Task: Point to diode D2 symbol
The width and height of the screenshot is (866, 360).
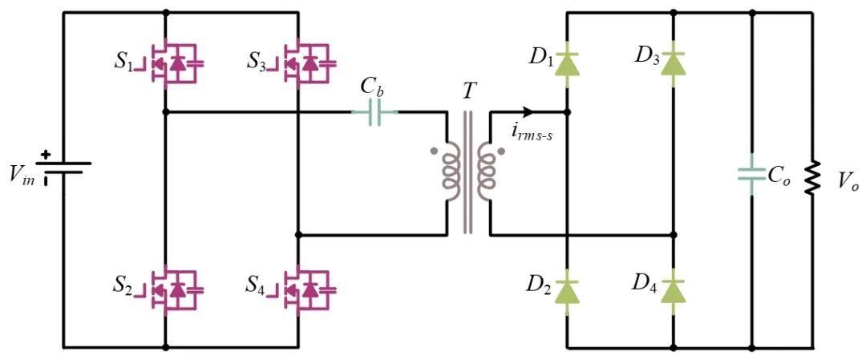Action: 568,289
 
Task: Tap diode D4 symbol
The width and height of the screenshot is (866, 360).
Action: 674,289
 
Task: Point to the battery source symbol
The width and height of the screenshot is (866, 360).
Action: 64,168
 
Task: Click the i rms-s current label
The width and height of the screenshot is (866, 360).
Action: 532,134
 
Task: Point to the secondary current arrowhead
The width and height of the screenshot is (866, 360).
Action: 527,112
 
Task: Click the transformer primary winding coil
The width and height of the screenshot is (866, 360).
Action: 450,174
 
